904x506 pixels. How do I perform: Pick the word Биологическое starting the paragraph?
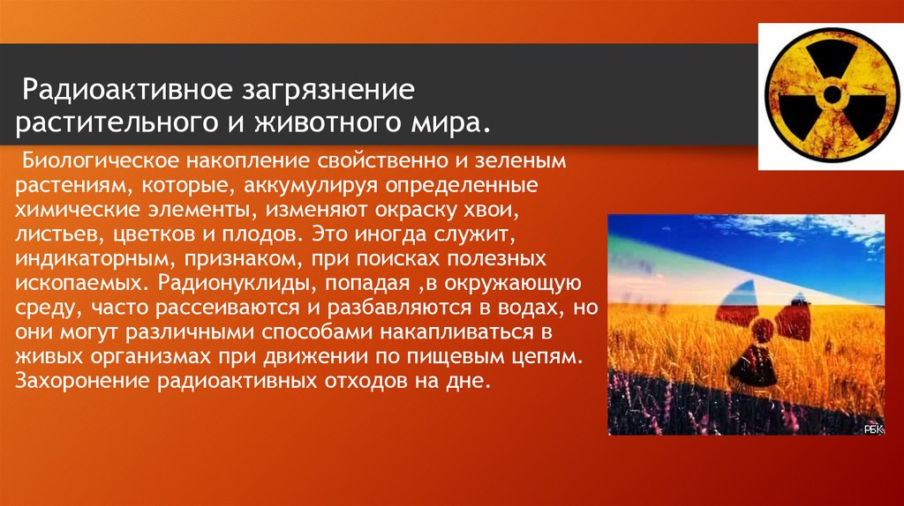[99, 163]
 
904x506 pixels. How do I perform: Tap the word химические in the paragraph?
[75, 213]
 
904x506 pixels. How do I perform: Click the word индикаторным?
[82, 263]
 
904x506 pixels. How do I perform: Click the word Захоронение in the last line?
[84, 383]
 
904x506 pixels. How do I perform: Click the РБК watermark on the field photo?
[872, 427]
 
